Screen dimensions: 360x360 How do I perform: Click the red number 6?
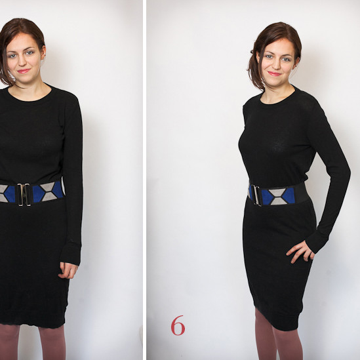(x=178, y=325)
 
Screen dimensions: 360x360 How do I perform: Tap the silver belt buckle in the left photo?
(x=24, y=194)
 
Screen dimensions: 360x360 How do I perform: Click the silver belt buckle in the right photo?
(x=256, y=195)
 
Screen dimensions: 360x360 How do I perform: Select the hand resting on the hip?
(x=300, y=251)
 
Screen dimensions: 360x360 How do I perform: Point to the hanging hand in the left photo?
(x=68, y=270)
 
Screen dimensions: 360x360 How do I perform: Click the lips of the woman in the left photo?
(x=24, y=71)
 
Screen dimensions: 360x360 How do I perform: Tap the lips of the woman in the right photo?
(x=275, y=73)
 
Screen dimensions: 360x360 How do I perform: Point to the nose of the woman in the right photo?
(x=275, y=65)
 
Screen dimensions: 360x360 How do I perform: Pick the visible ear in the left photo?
(x=43, y=52)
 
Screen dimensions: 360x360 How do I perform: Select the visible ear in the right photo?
(x=298, y=62)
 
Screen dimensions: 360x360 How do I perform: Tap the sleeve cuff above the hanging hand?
(x=71, y=254)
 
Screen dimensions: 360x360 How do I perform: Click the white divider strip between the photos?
(x=144, y=180)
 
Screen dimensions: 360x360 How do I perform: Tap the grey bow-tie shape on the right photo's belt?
(x=278, y=197)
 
